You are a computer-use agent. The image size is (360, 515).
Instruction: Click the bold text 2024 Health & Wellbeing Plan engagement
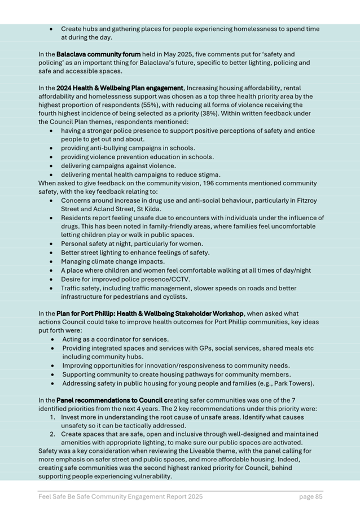point(120,88)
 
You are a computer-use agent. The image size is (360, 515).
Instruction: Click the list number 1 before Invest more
point(52,417)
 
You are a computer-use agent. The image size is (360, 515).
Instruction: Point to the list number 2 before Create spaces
point(52,434)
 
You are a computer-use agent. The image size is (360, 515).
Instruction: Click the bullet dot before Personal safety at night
point(52,244)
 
